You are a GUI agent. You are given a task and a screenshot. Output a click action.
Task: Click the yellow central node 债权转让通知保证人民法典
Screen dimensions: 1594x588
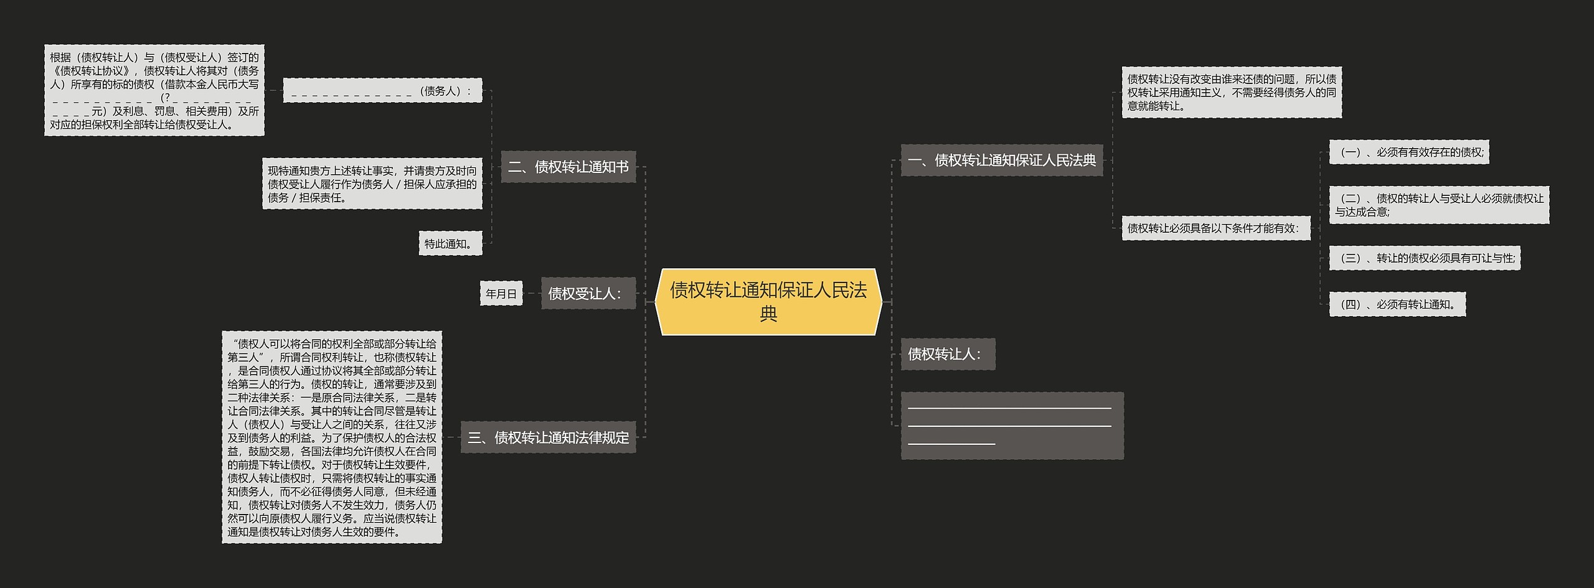click(x=768, y=302)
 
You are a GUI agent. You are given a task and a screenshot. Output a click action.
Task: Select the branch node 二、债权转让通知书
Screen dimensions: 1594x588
click(x=568, y=167)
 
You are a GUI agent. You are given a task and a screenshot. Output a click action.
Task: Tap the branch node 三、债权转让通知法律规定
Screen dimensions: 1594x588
click(x=548, y=437)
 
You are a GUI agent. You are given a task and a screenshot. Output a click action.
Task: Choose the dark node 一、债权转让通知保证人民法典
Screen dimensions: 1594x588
click(x=1001, y=161)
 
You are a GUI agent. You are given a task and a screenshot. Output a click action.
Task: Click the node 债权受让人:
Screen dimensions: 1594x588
click(x=588, y=293)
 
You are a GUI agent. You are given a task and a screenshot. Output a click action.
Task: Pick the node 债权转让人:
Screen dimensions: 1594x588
click(x=948, y=354)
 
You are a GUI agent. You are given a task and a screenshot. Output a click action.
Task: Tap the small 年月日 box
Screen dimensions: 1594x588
click(x=501, y=294)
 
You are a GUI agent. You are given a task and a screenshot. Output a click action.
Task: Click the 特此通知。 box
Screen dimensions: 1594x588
click(x=450, y=243)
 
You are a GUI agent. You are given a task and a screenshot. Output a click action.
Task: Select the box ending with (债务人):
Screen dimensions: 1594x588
click(x=382, y=91)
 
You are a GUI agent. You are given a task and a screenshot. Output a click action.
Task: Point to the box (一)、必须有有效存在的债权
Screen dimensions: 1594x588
click(x=1408, y=152)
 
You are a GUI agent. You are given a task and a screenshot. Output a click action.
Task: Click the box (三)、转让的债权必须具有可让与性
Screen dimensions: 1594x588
click(x=1425, y=258)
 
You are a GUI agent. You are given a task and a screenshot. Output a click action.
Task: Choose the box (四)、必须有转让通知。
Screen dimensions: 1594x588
click(x=1397, y=304)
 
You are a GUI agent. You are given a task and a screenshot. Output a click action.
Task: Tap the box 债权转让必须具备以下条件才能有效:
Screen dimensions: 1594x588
click(x=1215, y=228)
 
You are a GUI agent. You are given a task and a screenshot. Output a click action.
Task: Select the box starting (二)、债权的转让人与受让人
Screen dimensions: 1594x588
click(x=1438, y=205)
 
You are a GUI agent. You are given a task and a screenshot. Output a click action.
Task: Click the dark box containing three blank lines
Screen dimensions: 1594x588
click(x=1012, y=426)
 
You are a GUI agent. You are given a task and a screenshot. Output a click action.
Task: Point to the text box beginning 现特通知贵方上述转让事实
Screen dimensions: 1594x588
click(x=372, y=184)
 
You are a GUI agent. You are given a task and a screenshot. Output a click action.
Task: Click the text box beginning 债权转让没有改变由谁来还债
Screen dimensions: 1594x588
click(x=1231, y=92)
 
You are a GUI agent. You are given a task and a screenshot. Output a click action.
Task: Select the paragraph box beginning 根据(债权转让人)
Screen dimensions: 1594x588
click(x=154, y=90)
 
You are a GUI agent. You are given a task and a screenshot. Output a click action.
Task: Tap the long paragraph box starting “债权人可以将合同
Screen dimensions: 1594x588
click(x=332, y=437)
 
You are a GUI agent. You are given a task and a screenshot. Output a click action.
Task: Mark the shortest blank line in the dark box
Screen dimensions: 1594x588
click(x=951, y=444)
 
